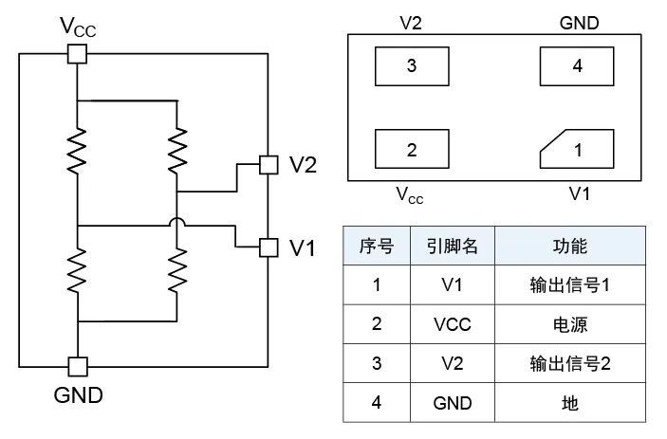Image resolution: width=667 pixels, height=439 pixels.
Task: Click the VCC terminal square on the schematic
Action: (77, 53)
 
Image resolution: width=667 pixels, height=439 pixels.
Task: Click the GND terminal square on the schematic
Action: (77, 366)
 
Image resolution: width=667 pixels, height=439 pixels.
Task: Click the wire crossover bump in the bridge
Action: (176, 226)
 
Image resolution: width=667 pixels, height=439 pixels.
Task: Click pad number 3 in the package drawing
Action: (411, 67)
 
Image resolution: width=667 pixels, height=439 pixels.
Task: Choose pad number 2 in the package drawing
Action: (411, 149)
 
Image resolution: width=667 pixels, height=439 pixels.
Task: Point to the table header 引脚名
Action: (452, 246)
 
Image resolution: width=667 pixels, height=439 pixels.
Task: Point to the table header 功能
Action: (570, 246)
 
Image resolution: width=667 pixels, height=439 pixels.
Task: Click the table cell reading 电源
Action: (570, 324)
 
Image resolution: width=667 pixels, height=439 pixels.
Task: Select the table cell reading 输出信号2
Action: (570, 363)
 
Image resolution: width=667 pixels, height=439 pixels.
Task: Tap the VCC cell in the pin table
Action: (452, 324)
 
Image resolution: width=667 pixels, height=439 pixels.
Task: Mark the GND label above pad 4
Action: (580, 22)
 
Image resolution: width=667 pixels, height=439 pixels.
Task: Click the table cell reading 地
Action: (570, 403)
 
